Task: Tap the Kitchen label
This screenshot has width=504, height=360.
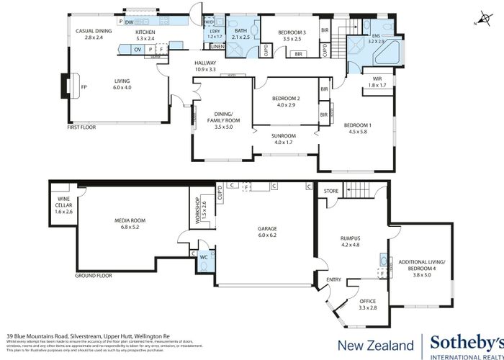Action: click(x=145, y=34)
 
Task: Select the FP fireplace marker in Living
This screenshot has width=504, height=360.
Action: click(x=84, y=87)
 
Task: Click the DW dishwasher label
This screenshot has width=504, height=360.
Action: click(x=129, y=22)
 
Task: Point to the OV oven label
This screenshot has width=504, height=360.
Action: click(x=137, y=49)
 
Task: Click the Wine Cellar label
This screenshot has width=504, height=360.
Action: click(x=63, y=208)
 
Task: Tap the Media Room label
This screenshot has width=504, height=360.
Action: click(x=130, y=224)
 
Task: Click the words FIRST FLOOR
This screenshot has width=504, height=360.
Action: click(x=81, y=127)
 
